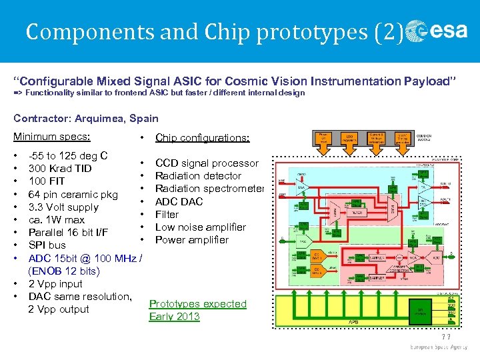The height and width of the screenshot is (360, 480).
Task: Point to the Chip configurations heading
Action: [x=202, y=138]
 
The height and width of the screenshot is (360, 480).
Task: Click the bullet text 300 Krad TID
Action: [x=60, y=169]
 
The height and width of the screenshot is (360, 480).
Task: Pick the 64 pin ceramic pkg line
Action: [x=73, y=194]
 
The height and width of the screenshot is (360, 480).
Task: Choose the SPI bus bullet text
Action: [x=47, y=245]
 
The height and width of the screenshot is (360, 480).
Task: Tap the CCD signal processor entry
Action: [x=207, y=163]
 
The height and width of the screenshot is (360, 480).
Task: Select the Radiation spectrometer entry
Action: [x=209, y=189]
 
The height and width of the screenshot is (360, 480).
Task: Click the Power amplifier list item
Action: [x=191, y=239]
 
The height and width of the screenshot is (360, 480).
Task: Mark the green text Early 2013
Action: [x=174, y=316]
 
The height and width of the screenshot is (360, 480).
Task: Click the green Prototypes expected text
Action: [x=197, y=303]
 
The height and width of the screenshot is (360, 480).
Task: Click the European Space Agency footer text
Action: [x=440, y=348]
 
